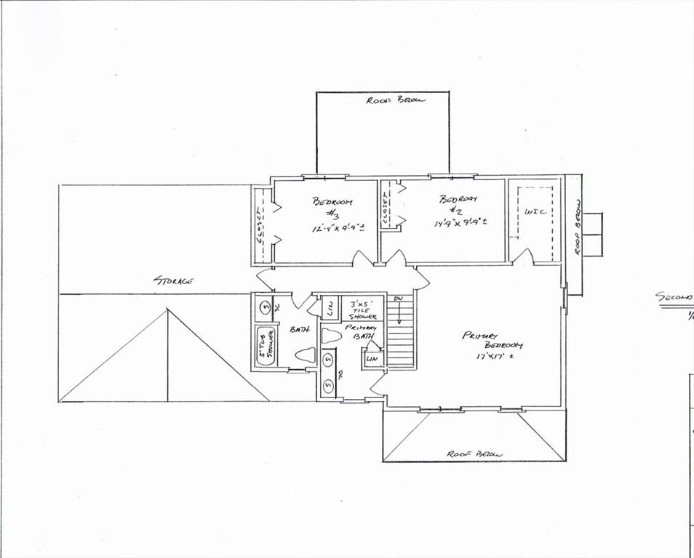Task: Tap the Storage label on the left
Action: [172, 280]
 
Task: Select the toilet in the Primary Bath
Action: [332, 336]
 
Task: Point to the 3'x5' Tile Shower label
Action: [363, 310]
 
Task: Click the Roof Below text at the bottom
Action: [475, 454]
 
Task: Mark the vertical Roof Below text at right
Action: [575, 227]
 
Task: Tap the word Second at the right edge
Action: [674, 297]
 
